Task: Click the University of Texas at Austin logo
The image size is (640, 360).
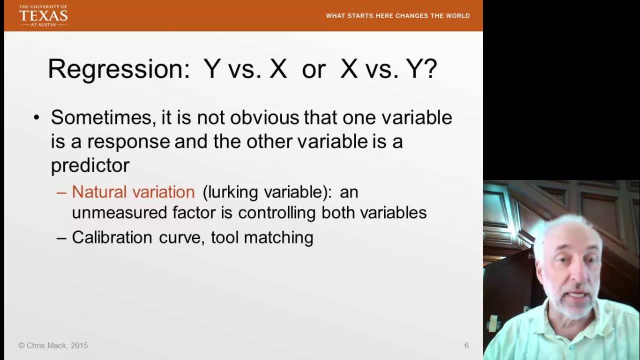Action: coord(43,15)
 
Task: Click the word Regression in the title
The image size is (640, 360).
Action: coord(119,69)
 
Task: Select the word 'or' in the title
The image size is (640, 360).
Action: coord(313,69)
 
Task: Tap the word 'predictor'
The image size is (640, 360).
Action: coord(90,165)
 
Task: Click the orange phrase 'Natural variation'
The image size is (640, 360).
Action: coord(133,192)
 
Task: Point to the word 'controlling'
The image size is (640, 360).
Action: coord(277,213)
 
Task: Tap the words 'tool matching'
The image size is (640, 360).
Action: coord(262,237)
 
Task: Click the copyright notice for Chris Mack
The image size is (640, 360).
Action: coord(53,345)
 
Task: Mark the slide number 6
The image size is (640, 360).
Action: coord(466,345)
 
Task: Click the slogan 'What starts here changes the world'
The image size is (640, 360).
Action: coord(397,15)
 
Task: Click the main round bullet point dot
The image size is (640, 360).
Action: coord(36,118)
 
